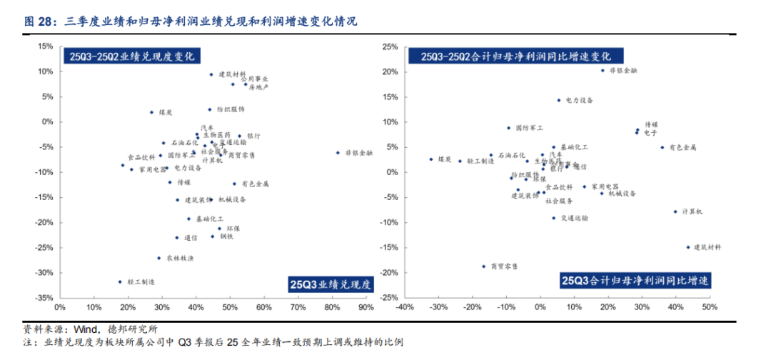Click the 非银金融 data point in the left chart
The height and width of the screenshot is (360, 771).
pos(337,153)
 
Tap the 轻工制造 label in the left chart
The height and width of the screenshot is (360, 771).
pos(141,282)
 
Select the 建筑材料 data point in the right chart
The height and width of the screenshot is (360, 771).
pos(689,247)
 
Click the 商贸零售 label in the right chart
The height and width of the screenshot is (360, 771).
pos(504,266)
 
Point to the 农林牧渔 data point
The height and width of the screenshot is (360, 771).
pos(158,258)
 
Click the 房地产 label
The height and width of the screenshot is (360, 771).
pos(259,87)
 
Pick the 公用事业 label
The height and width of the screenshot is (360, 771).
pos(255,79)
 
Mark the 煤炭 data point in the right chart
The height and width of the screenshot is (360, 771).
pos(431,159)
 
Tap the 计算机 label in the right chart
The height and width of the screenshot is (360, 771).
pos(693,211)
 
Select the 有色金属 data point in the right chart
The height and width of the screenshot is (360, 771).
pos(662,148)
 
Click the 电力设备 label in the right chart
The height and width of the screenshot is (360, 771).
pos(579,101)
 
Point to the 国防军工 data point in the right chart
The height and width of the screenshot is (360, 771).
pos(509,128)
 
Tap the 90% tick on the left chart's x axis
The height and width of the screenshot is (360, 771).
pos(366,309)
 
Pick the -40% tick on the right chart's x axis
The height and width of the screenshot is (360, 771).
pos(405,309)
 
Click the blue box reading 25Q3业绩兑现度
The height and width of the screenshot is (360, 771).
pos(330,284)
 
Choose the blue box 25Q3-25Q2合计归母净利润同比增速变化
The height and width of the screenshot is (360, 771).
pos(514,56)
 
